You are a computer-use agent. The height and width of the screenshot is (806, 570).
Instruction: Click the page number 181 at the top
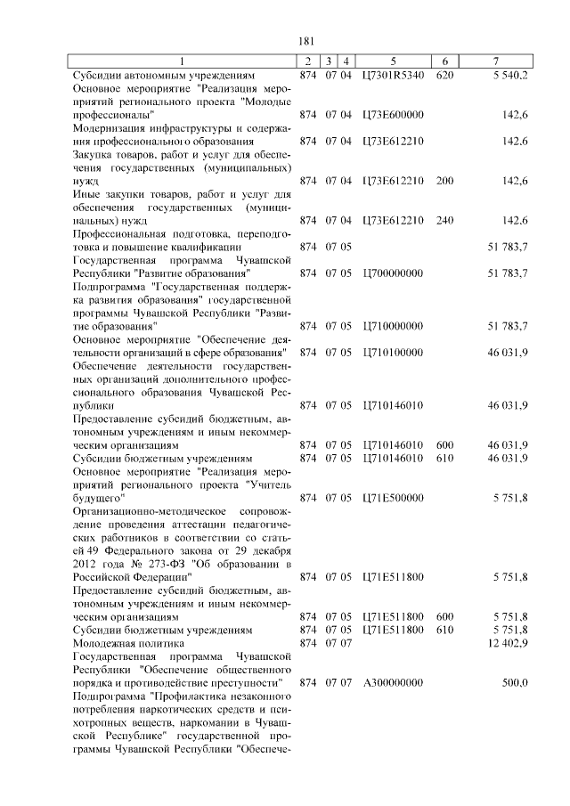tap(306, 42)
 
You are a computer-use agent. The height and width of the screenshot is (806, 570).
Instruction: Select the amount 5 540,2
tap(509, 77)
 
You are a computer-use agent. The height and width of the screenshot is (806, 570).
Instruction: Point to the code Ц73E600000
tap(393, 115)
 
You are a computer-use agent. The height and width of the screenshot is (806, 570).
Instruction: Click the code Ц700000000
tap(393, 273)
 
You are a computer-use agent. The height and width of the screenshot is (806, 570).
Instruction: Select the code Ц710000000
tap(393, 325)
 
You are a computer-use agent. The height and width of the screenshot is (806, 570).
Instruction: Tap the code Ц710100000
tap(393, 352)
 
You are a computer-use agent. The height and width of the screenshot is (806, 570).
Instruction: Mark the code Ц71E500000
tap(393, 497)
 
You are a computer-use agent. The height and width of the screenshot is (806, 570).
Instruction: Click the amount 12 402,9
tap(509, 642)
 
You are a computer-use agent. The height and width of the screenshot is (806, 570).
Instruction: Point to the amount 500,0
tap(515, 682)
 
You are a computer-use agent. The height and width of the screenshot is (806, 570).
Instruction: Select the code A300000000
tap(393, 682)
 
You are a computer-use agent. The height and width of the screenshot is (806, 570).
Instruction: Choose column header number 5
tap(393, 61)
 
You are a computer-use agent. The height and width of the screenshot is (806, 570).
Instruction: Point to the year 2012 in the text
tap(86, 563)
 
